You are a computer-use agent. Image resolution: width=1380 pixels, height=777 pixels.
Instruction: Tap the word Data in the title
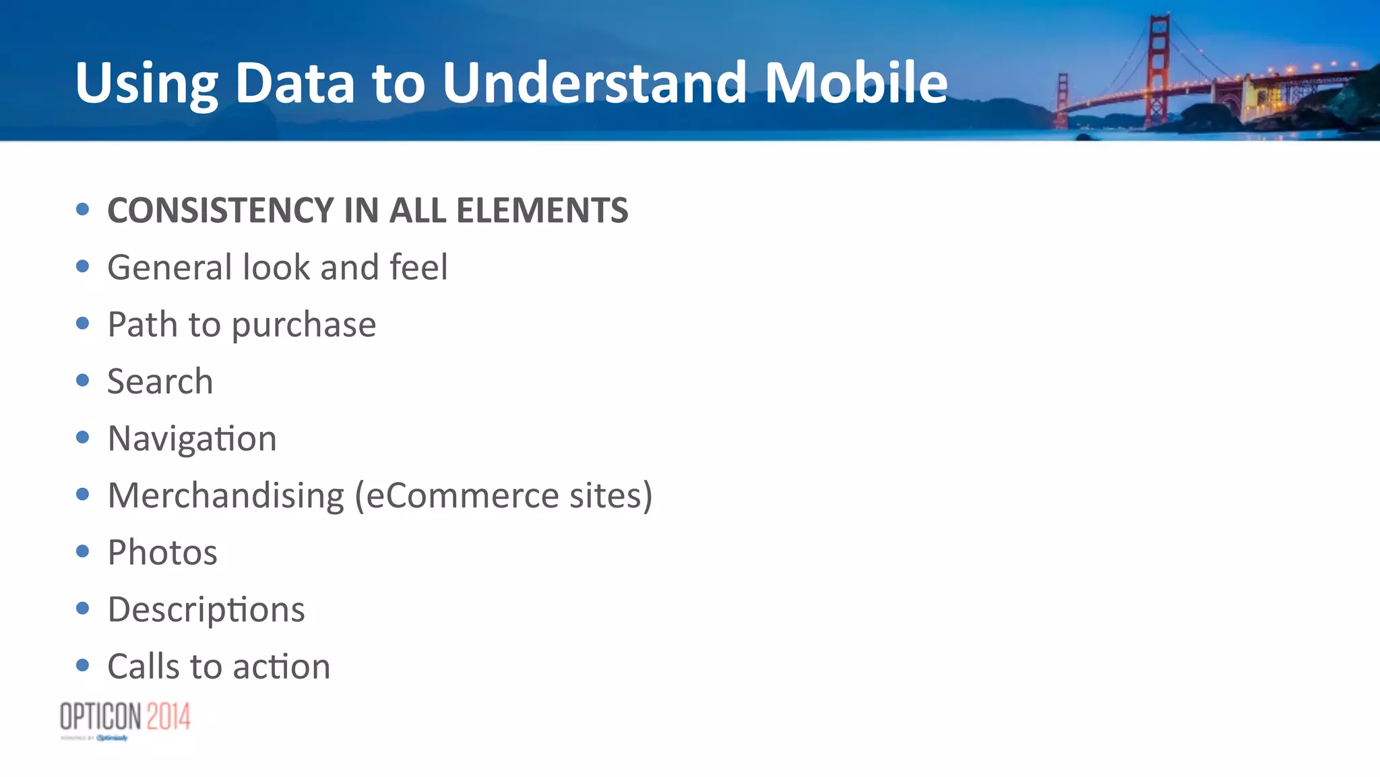[294, 82]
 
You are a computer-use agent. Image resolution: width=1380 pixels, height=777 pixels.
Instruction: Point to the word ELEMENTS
[542, 210]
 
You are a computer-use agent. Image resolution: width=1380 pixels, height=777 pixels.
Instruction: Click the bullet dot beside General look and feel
[83, 267]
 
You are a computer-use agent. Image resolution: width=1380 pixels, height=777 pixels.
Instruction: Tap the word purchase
[304, 325]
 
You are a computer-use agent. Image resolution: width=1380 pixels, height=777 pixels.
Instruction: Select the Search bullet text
[160, 381]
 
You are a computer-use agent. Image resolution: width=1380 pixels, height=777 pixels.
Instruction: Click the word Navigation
[192, 439]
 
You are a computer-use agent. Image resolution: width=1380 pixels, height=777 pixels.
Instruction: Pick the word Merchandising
[226, 496]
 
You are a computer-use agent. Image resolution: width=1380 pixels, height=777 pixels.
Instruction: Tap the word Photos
[162, 553]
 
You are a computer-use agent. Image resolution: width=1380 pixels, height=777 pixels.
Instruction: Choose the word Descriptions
[206, 610]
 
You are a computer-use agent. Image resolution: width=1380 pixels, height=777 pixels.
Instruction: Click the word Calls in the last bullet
[144, 666]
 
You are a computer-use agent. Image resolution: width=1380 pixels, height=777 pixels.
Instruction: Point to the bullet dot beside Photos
[83, 552]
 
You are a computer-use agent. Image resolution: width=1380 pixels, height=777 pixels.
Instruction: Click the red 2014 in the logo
[168, 716]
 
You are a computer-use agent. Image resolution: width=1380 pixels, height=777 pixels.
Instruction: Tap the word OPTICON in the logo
[100, 716]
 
